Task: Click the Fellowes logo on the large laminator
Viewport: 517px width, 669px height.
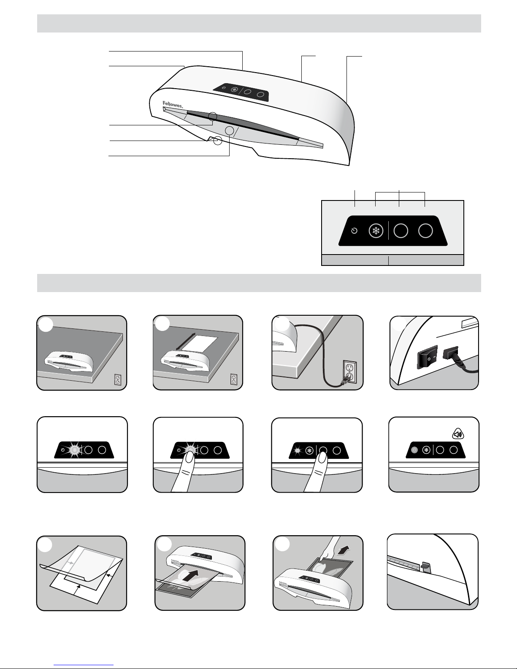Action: click(173, 104)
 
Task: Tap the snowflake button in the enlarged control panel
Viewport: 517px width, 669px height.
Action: click(376, 231)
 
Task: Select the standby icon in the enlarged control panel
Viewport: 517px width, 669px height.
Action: click(354, 231)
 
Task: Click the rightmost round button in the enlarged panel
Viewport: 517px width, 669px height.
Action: click(425, 231)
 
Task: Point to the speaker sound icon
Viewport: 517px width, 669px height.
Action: click(458, 434)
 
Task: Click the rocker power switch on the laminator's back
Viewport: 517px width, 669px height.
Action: click(427, 357)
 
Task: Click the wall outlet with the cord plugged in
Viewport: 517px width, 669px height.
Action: click(349, 373)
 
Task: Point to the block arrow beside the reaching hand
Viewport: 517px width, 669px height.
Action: click(344, 549)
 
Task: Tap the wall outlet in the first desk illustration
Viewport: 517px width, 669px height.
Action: click(118, 379)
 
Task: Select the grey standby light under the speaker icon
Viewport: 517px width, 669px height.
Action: click(414, 450)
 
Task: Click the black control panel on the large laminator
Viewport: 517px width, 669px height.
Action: click(241, 92)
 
